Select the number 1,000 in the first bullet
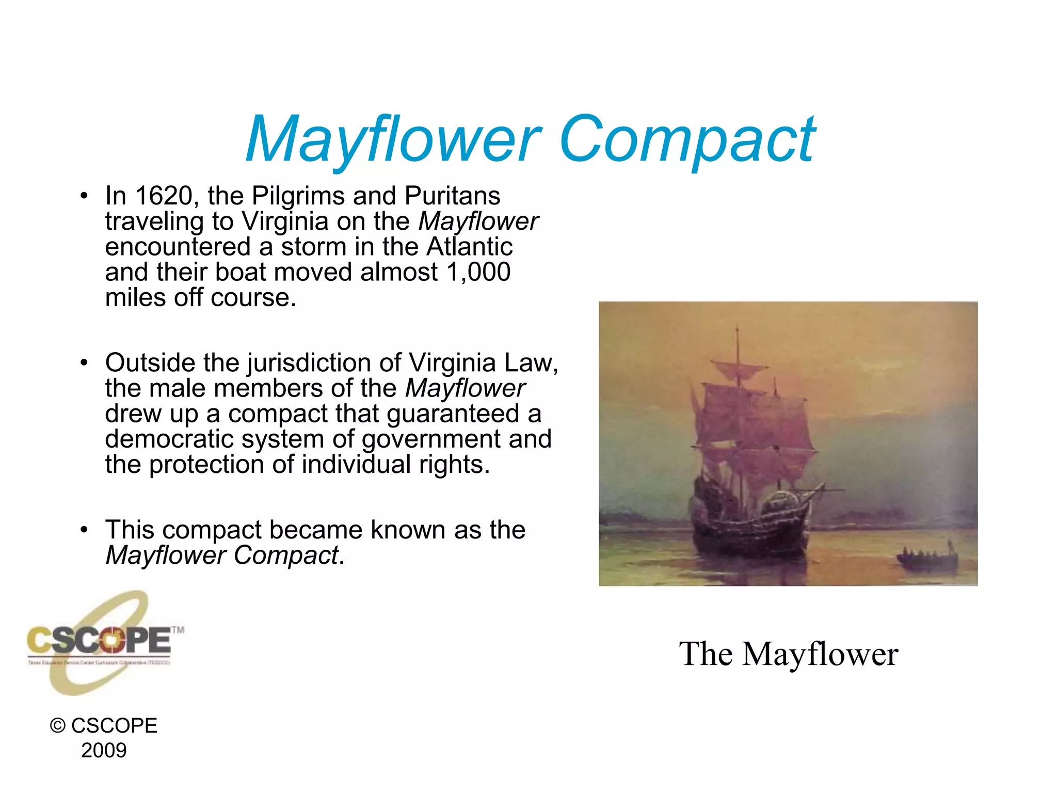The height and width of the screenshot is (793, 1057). pyautogui.click(x=478, y=272)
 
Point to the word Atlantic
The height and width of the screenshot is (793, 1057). pyautogui.click(x=469, y=247)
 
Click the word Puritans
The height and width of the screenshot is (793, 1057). pyautogui.click(x=452, y=196)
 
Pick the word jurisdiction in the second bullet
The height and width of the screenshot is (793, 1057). pyautogui.click(x=309, y=363)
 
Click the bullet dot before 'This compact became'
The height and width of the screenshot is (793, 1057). pyautogui.click(x=84, y=530)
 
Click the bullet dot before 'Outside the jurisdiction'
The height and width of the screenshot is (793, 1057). pyautogui.click(x=84, y=363)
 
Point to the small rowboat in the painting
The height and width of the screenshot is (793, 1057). pyautogui.click(x=927, y=559)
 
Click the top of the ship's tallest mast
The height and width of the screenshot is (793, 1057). pyautogui.click(x=737, y=328)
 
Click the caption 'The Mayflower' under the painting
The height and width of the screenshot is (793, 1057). pyautogui.click(x=788, y=654)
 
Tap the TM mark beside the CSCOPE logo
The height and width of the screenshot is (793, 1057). pyautogui.click(x=178, y=630)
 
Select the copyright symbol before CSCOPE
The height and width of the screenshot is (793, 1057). pyautogui.click(x=57, y=726)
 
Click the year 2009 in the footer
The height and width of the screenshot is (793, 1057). pyautogui.click(x=104, y=751)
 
